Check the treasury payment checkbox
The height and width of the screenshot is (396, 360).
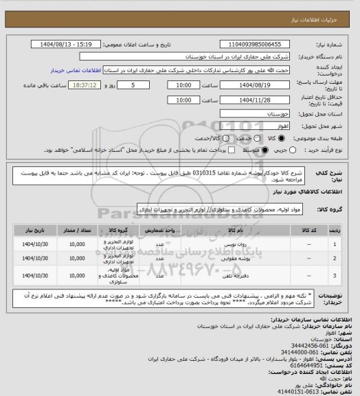coord(197,152)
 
